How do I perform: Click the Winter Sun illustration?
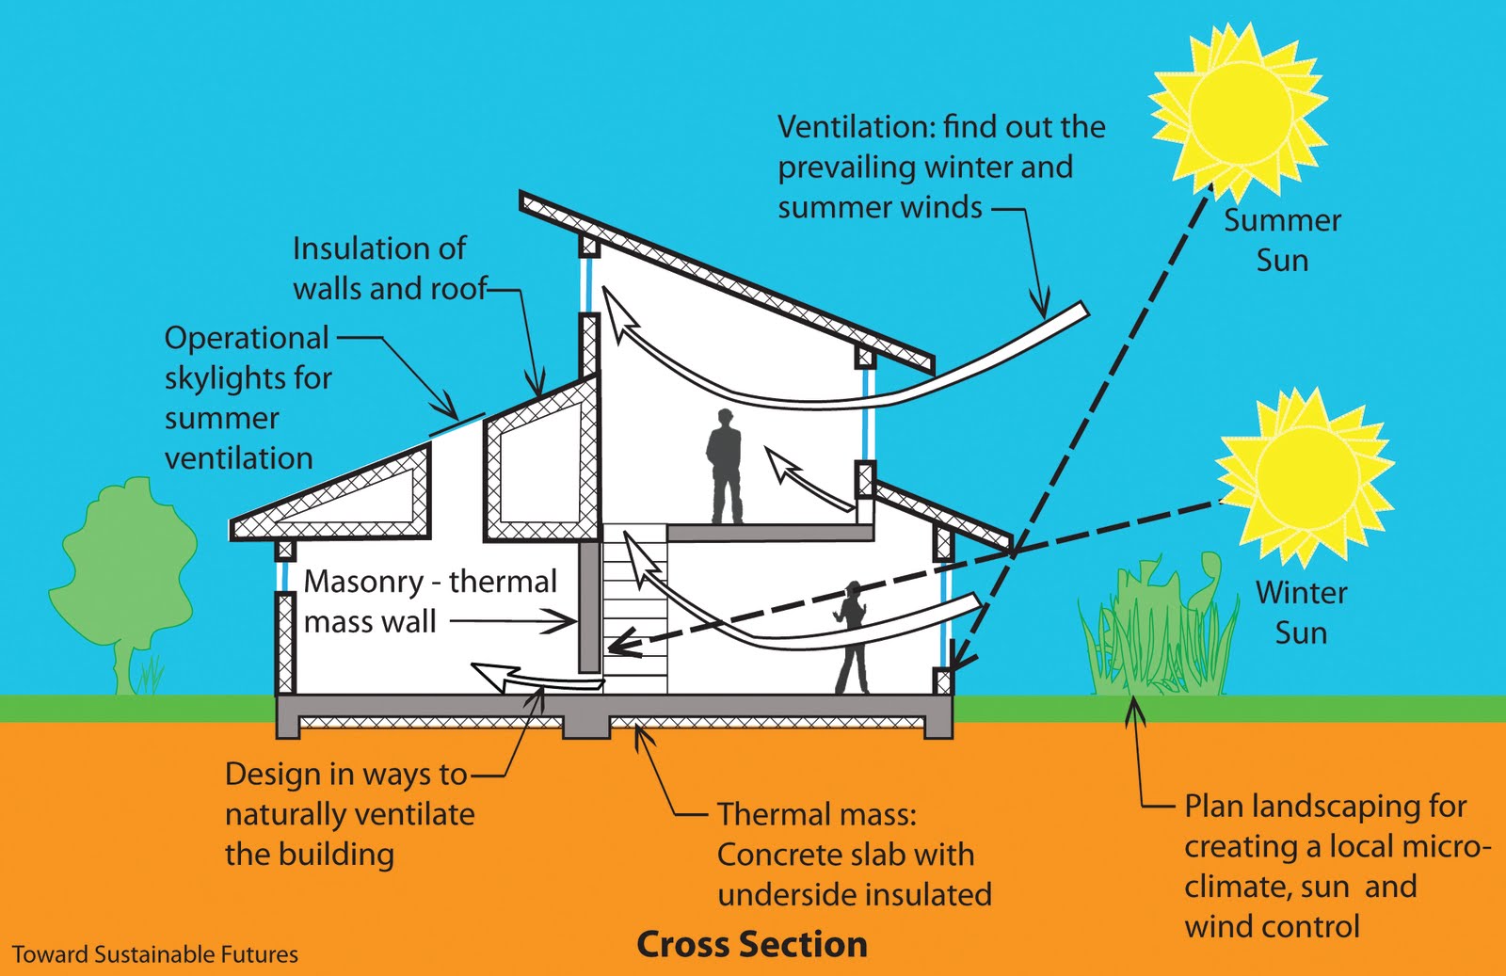(x=1305, y=476)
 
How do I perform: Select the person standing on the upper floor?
(x=724, y=466)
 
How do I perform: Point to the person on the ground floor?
(x=851, y=636)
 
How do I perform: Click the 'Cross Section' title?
(x=752, y=944)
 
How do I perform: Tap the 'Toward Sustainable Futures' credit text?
(x=155, y=954)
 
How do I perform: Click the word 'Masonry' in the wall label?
(x=363, y=582)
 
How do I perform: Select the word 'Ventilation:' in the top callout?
(x=856, y=127)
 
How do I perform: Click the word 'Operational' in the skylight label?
(x=247, y=338)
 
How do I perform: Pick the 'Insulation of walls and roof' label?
(x=390, y=268)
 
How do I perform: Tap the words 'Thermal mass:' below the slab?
(x=817, y=815)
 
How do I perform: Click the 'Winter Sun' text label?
(x=1301, y=613)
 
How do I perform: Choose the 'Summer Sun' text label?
(x=1282, y=240)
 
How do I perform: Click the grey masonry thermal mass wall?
(x=589, y=607)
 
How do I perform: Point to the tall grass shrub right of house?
(x=1158, y=625)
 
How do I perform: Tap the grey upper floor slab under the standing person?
(x=770, y=533)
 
